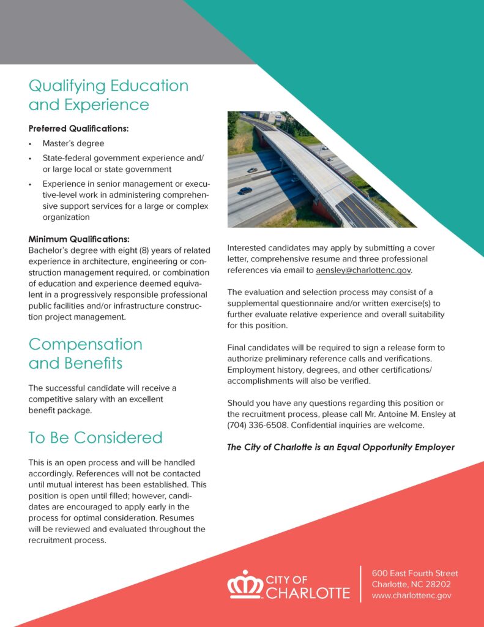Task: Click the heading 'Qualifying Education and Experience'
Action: tap(108, 95)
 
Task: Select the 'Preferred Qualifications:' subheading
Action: tap(78, 129)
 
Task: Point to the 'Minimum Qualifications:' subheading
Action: tap(79, 239)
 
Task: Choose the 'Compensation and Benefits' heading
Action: tap(85, 353)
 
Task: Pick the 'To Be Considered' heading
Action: tap(95, 437)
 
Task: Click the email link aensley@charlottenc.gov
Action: tap(363, 270)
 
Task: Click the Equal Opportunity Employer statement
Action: tap(340, 447)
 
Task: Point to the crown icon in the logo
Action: tap(245, 585)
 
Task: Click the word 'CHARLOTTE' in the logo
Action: tap(308, 593)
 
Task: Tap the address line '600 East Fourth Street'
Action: tap(415, 574)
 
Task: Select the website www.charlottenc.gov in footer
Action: tap(412, 595)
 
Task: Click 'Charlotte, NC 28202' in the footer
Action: tap(411, 584)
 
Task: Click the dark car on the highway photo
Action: tap(245, 190)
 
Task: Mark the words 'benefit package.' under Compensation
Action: tap(60, 410)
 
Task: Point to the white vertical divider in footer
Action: tap(360, 584)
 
